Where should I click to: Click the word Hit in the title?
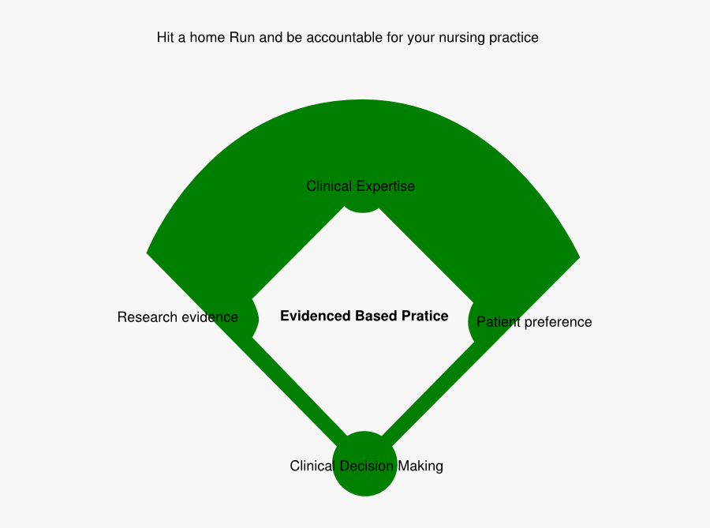(164, 37)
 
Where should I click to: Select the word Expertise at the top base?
(385, 186)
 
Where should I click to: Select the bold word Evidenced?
(314, 316)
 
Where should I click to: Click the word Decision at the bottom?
(366, 466)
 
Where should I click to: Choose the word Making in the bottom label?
(420, 466)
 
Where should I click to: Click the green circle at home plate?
(364, 464)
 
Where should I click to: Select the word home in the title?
(207, 37)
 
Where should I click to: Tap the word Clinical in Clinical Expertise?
(329, 186)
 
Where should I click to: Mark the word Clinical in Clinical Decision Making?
(312, 466)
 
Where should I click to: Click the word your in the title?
(421, 38)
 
